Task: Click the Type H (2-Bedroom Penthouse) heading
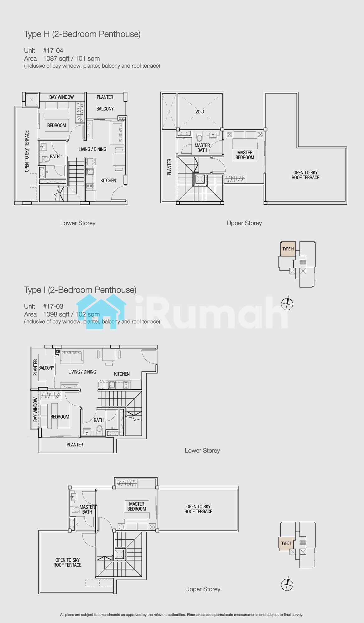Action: pyautogui.click(x=82, y=34)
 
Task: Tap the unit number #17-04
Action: pyautogui.click(x=53, y=50)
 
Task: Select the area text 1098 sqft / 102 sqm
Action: pyautogui.click(x=71, y=314)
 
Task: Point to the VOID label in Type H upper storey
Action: pyautogui.click(x=200, y=112)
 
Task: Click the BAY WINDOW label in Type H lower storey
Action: pyautogui.click(x=61, y=97)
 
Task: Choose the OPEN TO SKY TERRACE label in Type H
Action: pyautogui.click(x=27, y=151)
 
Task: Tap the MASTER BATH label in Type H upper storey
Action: pyautogui.click(x=202, y=148)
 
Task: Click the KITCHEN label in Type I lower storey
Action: pyautogui.click(x=122, y=374)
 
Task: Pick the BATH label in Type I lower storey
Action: pyautogui.click(x=98, y=420)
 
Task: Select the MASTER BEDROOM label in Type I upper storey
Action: pyautogui.click(x=136, y=506)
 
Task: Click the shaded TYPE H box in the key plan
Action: pyautogui.click(x=288, y=249)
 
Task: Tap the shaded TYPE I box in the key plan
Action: pyautogui.click(x=286, y=543)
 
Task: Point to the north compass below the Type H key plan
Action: pyautogui.click(x=287, y=304)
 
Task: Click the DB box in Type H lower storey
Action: pyautogui.click(x=122, y=119)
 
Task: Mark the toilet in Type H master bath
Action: pyautogui.click(x=200, y=137)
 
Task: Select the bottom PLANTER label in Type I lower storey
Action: pyautogui.click(x=75, y=445)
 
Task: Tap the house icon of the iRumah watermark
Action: pyautogui.click(x=101, y=311)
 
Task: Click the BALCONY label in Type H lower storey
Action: pyautogui.click(x=105, y=109)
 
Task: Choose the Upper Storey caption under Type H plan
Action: pyautogui.click(x=244, y=223)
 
